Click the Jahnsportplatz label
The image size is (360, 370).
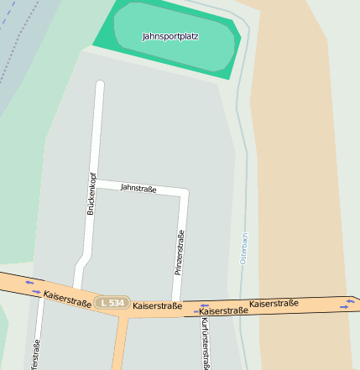tap(170, 37)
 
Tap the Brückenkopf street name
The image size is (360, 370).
tap(91, 194)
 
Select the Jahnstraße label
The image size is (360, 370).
tap(138, 189)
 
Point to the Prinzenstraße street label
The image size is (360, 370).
tap(180, 253)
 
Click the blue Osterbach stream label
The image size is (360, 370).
tap(244, 248)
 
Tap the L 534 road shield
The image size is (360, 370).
tap(111, 302)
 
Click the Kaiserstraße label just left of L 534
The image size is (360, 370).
tap(67, 297)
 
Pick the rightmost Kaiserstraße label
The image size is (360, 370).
tap(274, 303)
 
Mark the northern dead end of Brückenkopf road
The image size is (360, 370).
tap(100, 85)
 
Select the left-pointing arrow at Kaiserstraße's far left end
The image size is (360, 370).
tap(29, 283)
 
